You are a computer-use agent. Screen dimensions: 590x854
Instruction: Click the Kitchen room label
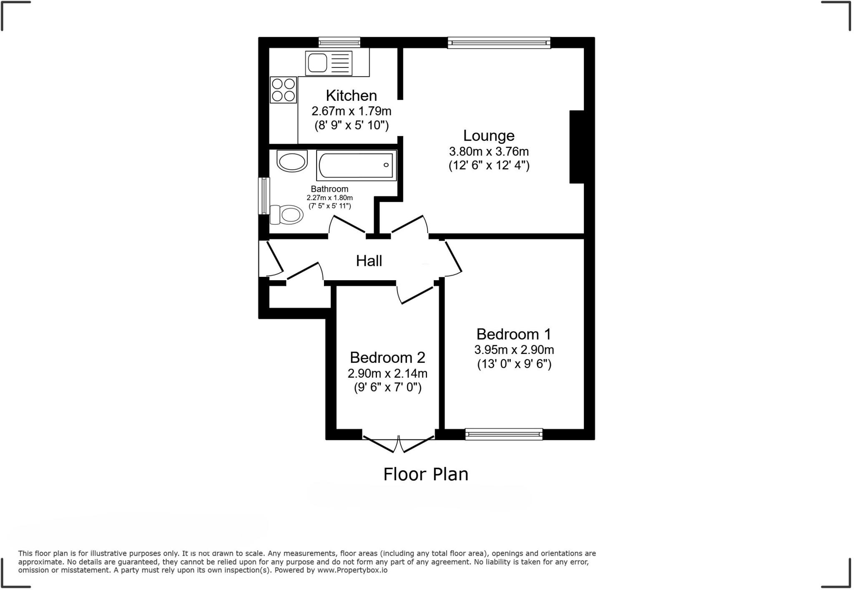tap(351, 95)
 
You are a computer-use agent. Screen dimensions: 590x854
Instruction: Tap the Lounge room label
tap(489, 136)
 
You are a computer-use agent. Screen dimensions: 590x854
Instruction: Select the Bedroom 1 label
tap(514, 334)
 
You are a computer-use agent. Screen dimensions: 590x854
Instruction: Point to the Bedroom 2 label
tap(387, 357)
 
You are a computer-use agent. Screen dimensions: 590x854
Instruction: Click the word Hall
tap(369, 261)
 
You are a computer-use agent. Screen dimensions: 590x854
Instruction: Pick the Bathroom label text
tap(329, 189)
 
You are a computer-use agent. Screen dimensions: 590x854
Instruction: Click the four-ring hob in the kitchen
tap(283, 90)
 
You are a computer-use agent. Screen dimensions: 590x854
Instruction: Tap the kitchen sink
tap(317, 63)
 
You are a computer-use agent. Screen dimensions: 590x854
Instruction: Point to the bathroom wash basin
tap(292, 161)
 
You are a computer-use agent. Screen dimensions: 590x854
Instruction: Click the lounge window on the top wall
tap(499, 42)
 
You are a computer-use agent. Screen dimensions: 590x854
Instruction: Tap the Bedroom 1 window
tap(504, 434)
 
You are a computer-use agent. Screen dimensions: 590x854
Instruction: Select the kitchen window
tap(339, 42)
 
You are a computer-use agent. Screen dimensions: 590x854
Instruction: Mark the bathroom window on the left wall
tap(264, 196)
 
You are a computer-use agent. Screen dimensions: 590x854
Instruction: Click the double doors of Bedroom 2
tap(398, 443)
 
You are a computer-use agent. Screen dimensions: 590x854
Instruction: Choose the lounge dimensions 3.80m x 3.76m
tap(489, 151)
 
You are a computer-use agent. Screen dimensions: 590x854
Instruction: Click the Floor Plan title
tap(426, 475)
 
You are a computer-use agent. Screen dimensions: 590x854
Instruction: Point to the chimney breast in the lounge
tap(577, 147)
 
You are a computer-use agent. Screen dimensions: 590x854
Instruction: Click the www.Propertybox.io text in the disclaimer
tap(352, 570)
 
